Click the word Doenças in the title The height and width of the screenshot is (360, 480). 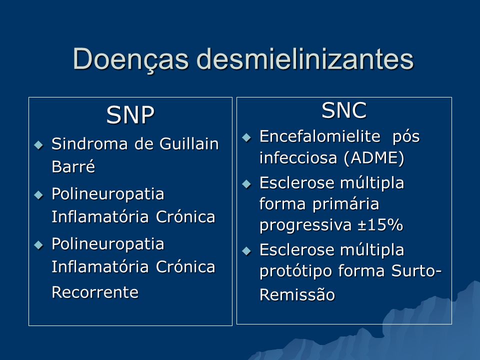130,59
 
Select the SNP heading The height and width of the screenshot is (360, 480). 130,115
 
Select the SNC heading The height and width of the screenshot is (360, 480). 344,110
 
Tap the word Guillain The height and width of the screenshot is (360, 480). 189,143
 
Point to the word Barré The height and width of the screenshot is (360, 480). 73,166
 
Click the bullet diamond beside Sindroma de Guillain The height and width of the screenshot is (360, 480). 39,144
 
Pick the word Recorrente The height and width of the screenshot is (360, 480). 95,292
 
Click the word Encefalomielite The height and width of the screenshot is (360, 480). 320,136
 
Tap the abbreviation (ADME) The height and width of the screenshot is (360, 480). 374,158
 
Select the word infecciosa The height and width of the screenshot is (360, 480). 298,158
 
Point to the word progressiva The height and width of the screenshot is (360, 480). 305,225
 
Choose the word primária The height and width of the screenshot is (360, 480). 346,204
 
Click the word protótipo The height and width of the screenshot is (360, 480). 295,271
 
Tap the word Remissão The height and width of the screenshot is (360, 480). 297,295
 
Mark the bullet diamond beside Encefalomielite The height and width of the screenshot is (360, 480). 246,137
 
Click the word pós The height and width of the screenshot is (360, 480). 406,137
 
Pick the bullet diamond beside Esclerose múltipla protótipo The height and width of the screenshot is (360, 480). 246,251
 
